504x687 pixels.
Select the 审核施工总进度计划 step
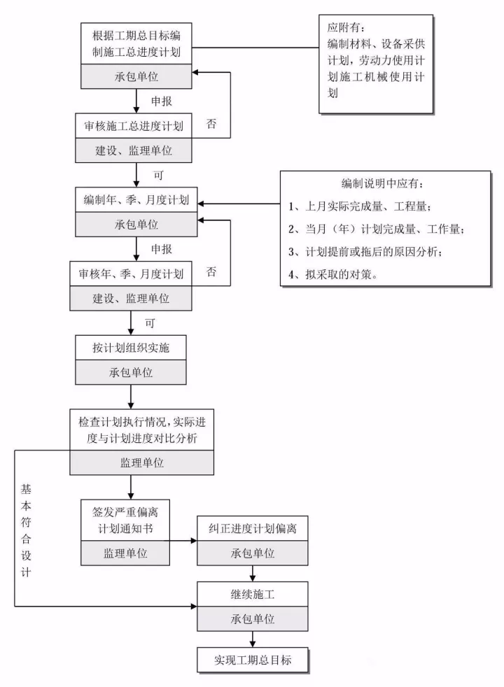click(x=133, y=127)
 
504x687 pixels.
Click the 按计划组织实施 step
click(x=131, y=347)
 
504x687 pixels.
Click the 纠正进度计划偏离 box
click(x=253, y=528)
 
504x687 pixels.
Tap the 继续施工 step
click(x=253, y=595)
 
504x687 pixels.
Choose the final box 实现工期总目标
click(x=253, y=660)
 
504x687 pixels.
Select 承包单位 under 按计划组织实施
click(x=131, y=371)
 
